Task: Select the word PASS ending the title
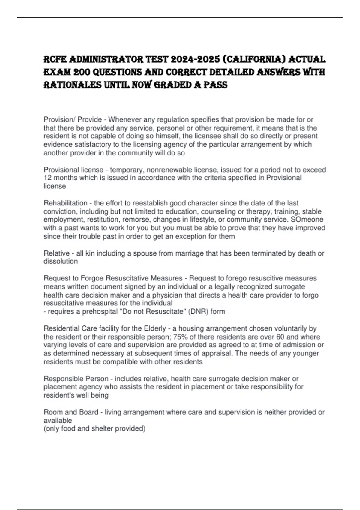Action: click(215, 85)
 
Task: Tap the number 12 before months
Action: click(48, 178)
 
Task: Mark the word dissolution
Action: click(61, 262)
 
